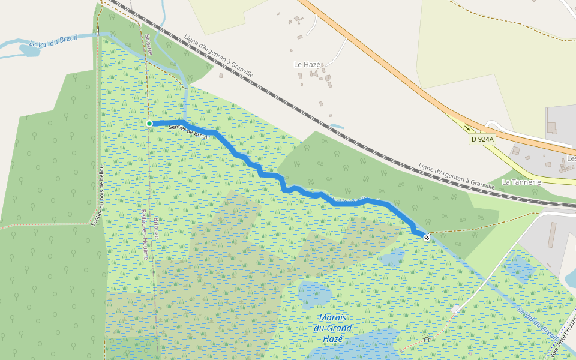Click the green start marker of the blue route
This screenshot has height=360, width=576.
pyautogui.click(x=149, y=124)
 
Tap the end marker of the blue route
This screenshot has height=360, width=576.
pyautogui.click(x=427, y=238)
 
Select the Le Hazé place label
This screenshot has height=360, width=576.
pyautogui.click(x=307, y=64)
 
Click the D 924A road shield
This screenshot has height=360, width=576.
pyautogui.click(x=482, y=139)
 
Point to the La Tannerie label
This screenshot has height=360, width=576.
pyautogui.click(x=521, y=182)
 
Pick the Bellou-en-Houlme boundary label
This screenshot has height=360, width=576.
pyautogui.click(x=144, y=233)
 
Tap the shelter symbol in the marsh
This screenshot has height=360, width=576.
pyautogui.click(x=426, y=339)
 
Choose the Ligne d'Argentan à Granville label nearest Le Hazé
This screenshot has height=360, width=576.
pyautogui.click(x=218, y=55)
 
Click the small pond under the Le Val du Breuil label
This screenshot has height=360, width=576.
pyautogui.click(x=29, y=51)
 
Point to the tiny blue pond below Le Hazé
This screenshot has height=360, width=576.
pyautogui.click(x=337, y=127)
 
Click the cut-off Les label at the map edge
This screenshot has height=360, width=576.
pyautogui.click(x=571, y=159)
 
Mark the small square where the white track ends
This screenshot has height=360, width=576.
pyautogui.click(x=456, y=310)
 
